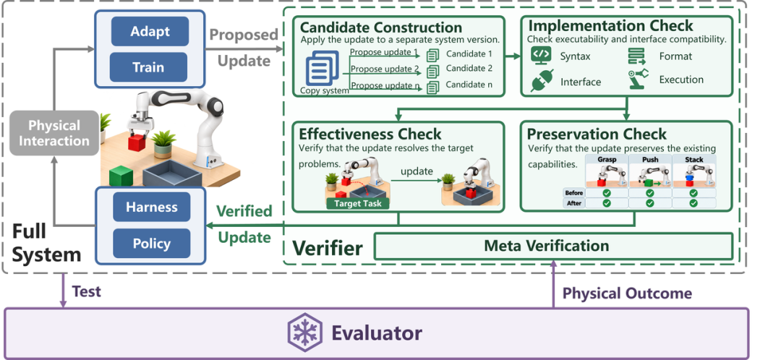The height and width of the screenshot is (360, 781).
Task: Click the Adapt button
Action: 150,31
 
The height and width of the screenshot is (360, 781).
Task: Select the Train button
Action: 148,67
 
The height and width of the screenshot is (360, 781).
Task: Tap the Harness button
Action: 151,207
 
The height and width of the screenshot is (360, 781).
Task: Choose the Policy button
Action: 151,244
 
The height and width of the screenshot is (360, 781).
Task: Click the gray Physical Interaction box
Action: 54,133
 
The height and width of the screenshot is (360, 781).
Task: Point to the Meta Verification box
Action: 553,246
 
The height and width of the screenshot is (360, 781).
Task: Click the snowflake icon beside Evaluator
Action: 305,333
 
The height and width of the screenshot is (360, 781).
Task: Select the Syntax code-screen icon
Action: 541,55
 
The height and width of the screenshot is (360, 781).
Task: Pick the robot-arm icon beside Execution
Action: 638,79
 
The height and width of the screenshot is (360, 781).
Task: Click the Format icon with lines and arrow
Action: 636,56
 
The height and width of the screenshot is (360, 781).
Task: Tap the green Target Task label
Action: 358,203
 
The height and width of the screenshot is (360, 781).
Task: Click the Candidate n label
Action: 469,85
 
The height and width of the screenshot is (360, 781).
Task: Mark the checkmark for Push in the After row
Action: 650,203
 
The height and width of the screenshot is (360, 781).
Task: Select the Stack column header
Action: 693,159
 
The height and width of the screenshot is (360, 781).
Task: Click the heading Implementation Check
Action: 610,26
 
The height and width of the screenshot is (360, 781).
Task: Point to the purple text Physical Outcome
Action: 627,293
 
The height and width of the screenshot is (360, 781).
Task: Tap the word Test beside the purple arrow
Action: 87,291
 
